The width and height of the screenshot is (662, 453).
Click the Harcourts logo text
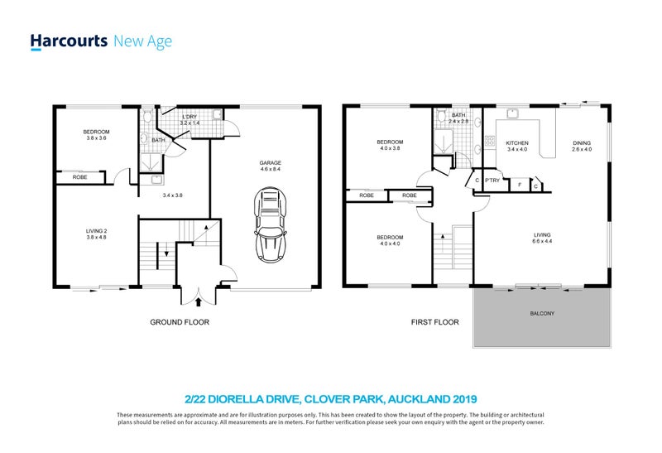coord(69,41)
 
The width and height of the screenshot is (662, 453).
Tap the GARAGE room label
coord(270,163)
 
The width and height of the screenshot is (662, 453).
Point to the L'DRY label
coord(190,117)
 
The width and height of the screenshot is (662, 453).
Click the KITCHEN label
coord(516,144)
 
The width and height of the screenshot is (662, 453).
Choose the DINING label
coord(582,144)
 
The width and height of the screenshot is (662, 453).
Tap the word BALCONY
coord(543,314)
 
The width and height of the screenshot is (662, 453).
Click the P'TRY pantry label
coord(492,182)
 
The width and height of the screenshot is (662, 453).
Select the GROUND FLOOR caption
coord(180,321)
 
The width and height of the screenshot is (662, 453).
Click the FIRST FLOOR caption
coord(434,321)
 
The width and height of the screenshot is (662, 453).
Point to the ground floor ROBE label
coord(80,177)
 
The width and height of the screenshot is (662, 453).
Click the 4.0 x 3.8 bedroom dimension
coord(390,150)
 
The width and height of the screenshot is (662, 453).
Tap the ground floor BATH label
coord(156,141)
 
